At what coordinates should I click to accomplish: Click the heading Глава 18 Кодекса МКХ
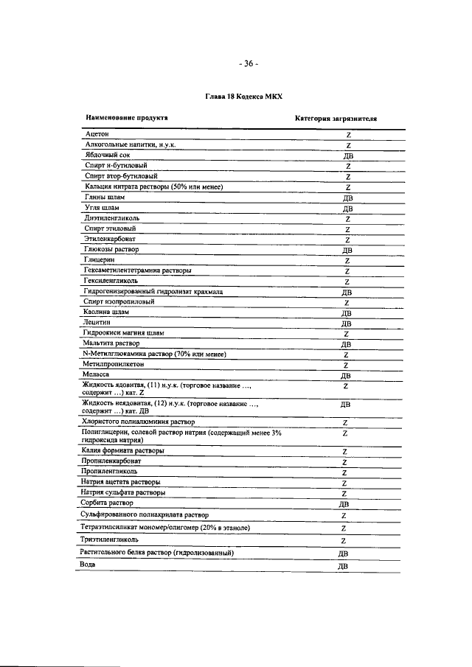pos(243,97)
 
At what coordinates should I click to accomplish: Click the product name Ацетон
pos(97,135)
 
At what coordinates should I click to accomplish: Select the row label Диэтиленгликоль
pos(113,219)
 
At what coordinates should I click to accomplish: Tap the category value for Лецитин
pos(345,324)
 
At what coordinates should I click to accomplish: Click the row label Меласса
pos(98,374)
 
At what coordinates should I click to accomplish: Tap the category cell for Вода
pos(342,566)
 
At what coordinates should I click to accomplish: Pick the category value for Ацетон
pos(347,136)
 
